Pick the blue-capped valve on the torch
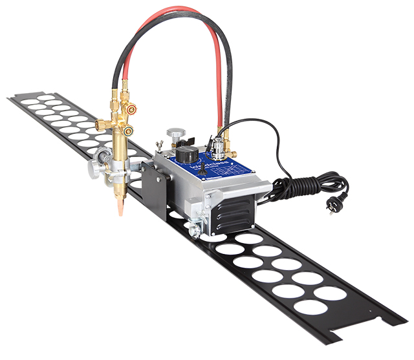coord(128,131)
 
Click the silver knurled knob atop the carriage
coord(173,134)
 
